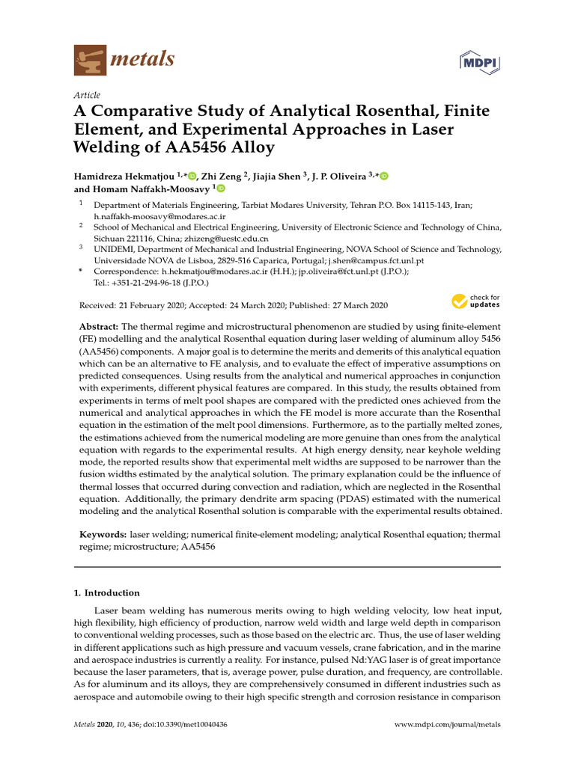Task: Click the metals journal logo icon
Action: coord(91,59)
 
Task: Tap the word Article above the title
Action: coord(87,95)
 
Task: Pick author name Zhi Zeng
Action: coord(223,176)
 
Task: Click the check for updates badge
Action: coord(475,301)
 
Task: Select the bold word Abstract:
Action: coord(99,328)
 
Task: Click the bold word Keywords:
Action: coord(103,535)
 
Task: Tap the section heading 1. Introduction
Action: coord(106,592)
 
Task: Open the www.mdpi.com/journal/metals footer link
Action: coord(447,725)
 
